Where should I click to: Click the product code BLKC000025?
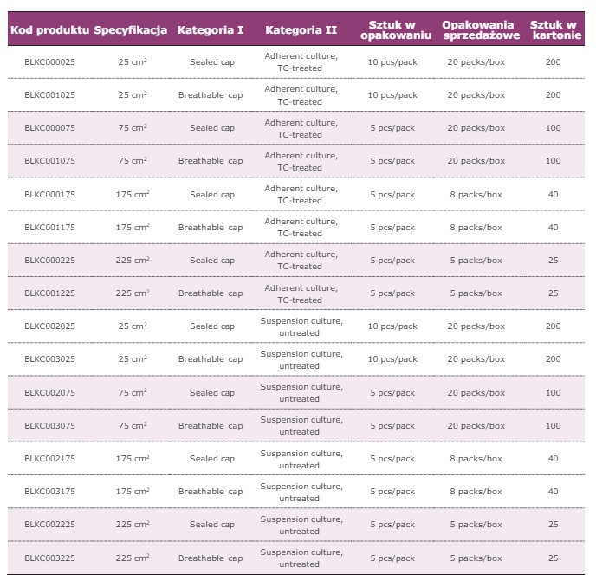pos(49,62)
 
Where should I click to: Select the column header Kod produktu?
pos(49,30)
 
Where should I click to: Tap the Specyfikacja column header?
pos(131,30)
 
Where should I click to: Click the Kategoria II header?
pos(301,30)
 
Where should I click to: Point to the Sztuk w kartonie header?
pos(553,30)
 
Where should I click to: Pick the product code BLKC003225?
pos(49,558)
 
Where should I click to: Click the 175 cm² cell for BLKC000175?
pos(133,195)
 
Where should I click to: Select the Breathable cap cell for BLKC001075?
pos(211,161)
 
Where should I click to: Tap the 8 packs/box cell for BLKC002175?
pos(475,459)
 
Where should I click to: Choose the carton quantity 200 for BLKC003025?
pos(553,359)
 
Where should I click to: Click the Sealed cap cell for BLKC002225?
pos(212,525)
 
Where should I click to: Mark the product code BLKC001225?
pos(49,293)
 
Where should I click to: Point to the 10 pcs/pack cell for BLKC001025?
pos(392,95)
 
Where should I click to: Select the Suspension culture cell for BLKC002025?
pos(301,326)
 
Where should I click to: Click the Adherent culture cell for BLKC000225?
pos(301,261)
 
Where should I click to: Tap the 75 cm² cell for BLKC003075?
pos(133,426)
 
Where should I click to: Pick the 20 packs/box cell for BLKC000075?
pos(475,128)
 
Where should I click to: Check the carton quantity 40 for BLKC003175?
pos(553,492)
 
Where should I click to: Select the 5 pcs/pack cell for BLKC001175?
pos(392,228)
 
